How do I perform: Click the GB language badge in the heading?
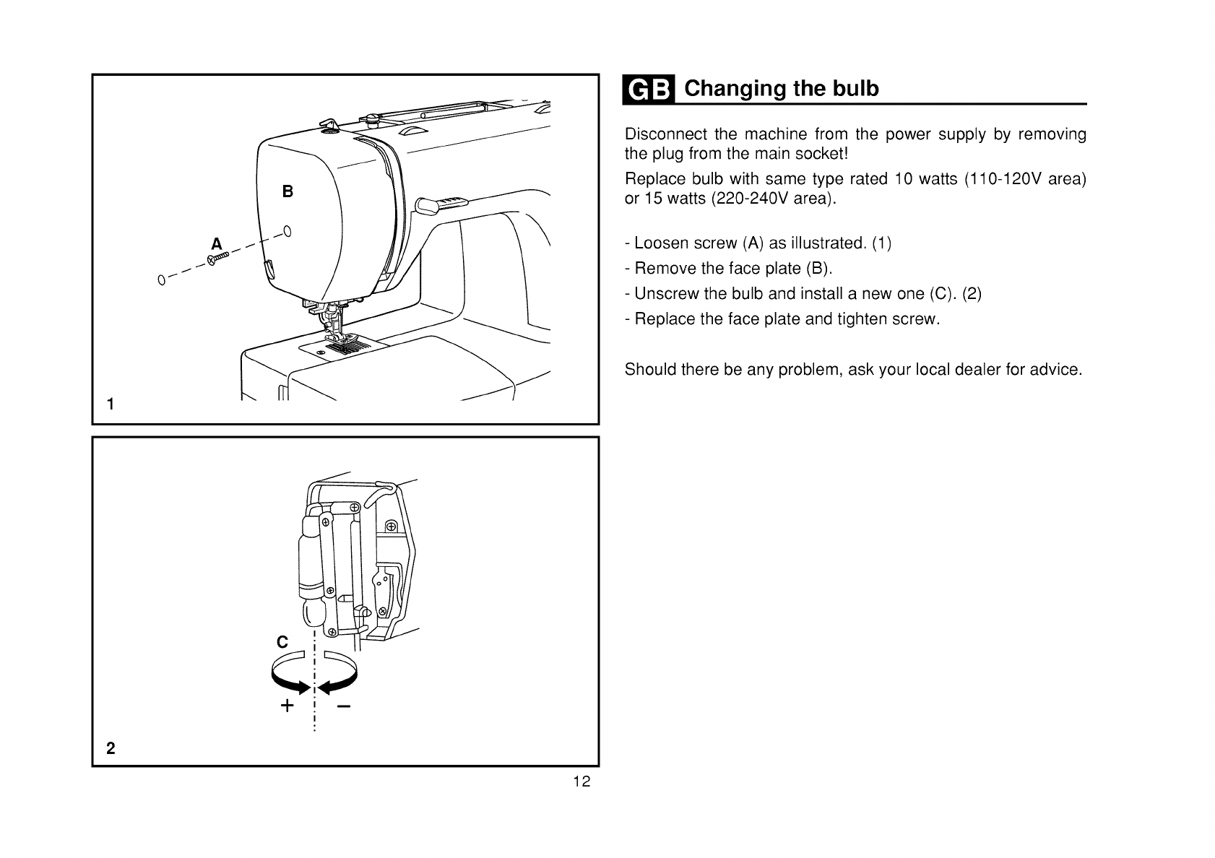649,90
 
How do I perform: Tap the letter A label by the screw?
216,243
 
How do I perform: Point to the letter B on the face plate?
287,192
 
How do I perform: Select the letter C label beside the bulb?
282,642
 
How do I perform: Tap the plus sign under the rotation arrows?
287,706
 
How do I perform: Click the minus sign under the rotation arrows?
343,706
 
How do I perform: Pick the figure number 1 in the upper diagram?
111,404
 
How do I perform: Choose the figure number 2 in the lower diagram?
111,748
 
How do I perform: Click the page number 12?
582,781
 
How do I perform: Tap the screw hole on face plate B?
287,232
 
